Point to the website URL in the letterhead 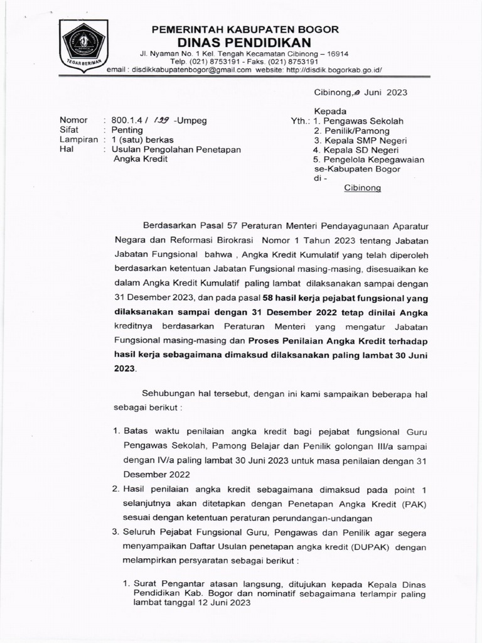click(333, 70)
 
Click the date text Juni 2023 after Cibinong click(385, 92)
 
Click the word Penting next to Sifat click(127, 130)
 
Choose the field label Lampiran click(78, 139)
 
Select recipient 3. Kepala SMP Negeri click(360, 141)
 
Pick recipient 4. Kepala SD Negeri click(356, 151)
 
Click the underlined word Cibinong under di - click(362, 188)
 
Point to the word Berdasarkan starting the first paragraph click(172, 224)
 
